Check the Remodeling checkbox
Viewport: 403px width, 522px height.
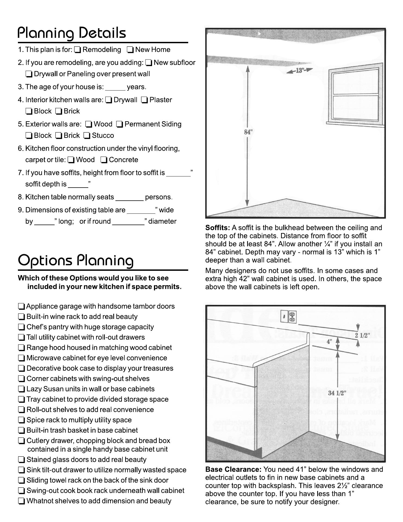77,50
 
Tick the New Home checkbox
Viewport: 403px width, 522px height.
130,50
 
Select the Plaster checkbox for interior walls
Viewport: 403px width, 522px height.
145,100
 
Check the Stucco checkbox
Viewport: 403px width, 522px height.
87,136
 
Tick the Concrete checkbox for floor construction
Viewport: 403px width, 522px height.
104,160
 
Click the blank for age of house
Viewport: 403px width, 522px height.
115,88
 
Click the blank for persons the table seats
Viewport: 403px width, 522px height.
129,198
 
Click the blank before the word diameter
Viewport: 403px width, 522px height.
128,222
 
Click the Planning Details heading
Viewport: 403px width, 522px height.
72,33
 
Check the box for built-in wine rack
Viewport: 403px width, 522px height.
21,317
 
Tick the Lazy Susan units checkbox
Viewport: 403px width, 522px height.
21,389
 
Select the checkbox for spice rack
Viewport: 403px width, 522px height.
21,420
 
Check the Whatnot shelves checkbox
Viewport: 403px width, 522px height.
21,501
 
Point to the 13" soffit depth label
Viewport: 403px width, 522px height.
299,71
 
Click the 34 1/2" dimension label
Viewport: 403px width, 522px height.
337,393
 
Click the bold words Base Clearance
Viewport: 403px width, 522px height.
233,470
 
